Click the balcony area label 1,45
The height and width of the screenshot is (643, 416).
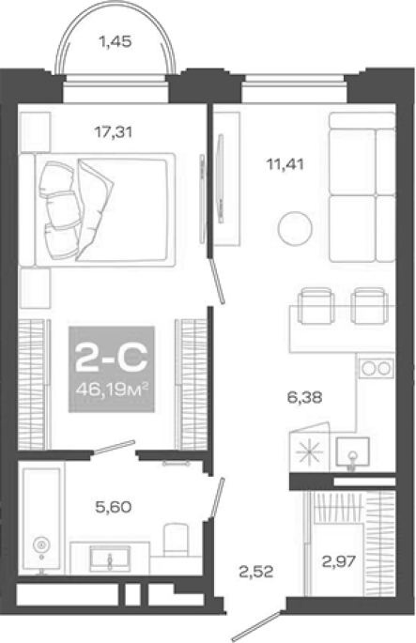(x=116, y=41)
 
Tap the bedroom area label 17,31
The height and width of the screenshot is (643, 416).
(x=114, y=132)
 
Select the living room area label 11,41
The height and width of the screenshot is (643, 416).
(x=285, y=164)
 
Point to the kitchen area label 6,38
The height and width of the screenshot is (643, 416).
(x=304, y=397)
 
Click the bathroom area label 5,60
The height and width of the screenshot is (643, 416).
(x=114, y=507)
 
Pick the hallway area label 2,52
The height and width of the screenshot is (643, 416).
(x=256, y=572)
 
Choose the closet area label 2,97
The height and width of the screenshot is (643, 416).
(x=338, y=560)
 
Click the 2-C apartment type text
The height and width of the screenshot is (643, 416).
(x=111, y=357)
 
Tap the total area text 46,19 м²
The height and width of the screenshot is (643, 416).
(x=111, y=388)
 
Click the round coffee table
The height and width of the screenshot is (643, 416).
(x=295, y=229)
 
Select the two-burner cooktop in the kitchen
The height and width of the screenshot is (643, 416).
(x=376, y=368)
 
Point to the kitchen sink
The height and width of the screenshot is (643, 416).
(x=352, y=452)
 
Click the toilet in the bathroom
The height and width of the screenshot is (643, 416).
(x=176, y=540)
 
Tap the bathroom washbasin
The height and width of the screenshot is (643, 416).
(x=110, y=559)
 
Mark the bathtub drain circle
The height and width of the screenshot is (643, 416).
(x=41, y=544)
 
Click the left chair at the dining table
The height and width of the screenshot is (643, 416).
(x=316, y=306)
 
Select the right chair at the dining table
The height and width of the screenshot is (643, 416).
(x=370, y=306)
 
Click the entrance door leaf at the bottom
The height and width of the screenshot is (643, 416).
(x=256, y=626)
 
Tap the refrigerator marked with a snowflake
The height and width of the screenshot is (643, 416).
(x=310, y=447)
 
